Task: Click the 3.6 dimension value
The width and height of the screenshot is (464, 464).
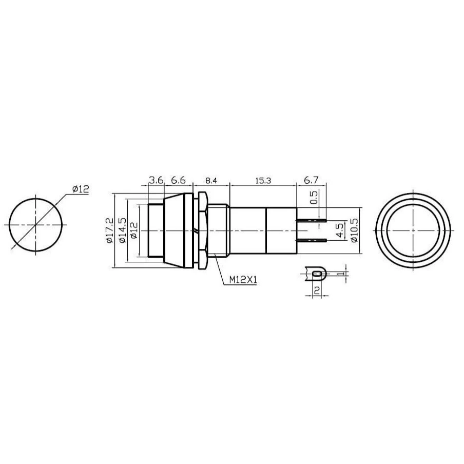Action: (x=156, y=180)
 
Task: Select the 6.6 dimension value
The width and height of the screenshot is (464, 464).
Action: (x=179, y=180)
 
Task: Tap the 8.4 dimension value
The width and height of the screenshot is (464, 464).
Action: (x=211, y=181)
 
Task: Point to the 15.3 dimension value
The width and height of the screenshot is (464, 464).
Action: (x=263, y=181)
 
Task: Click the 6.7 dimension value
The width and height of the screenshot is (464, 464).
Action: (x=311, y=180)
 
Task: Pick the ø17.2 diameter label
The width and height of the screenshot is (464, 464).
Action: (x=109, y=230)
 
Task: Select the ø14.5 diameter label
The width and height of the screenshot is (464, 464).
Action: (x=122, y=230)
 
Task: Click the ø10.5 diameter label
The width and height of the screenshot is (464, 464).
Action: (x=355, y=230)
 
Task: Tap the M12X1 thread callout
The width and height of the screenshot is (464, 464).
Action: (x=243, y=280)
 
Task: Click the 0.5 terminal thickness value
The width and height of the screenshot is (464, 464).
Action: (x=314, y=198)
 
